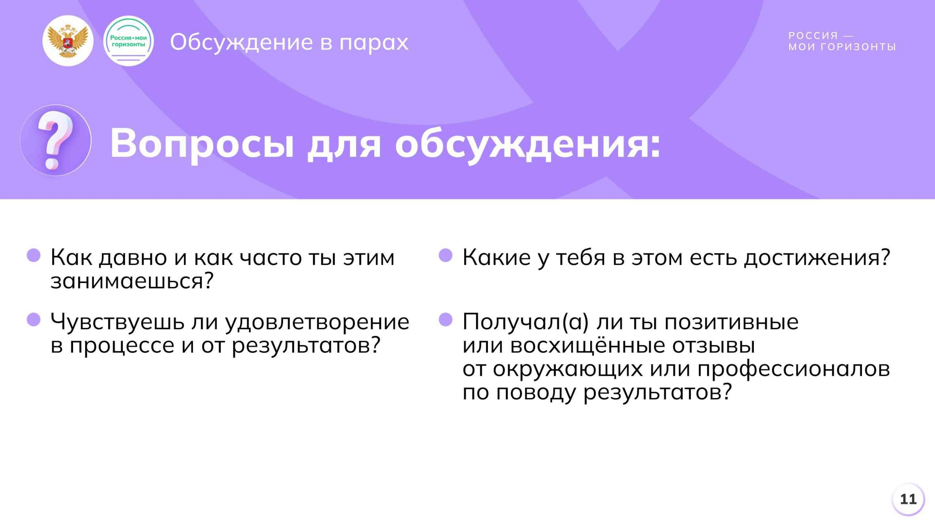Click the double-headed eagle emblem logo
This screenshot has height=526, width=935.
68,41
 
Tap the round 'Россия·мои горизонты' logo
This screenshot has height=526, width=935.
128,41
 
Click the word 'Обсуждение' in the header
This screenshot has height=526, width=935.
241,42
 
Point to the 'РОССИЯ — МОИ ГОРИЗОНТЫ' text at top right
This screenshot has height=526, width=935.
842,41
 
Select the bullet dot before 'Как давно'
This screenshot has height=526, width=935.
34,255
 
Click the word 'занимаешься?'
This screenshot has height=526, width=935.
132,281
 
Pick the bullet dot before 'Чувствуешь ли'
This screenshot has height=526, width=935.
34,320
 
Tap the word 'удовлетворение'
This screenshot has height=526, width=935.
317,322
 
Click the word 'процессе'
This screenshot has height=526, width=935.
122,346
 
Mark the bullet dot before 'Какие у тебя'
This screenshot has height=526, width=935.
446,255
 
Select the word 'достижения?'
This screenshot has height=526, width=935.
817,258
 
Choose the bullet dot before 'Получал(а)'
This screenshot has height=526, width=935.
446,320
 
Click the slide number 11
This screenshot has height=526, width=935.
908,499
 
